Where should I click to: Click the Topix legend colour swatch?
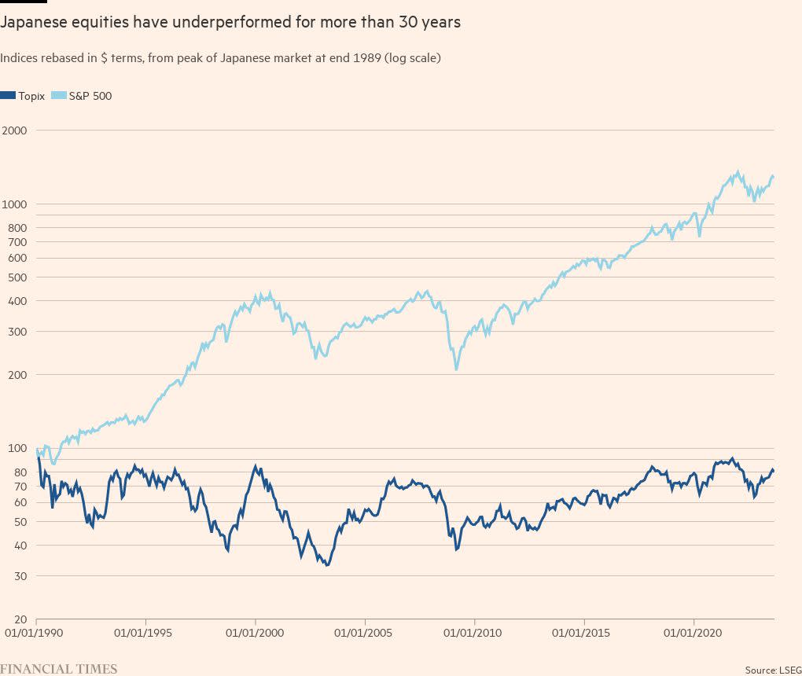click(x=9, y=96)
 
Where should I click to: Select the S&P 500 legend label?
click(x=90, y=96)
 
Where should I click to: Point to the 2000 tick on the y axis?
click(x=14, y=130)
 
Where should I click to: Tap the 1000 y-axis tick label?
click(x=14, y=204)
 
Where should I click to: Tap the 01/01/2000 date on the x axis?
click(x=255, y=632)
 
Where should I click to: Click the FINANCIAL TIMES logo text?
click(x=59, y=669)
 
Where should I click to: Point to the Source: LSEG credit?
click(x=772, y=670)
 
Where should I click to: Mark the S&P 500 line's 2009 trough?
click(x=456, y=369)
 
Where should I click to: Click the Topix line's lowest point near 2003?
click(x=326, y=564)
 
